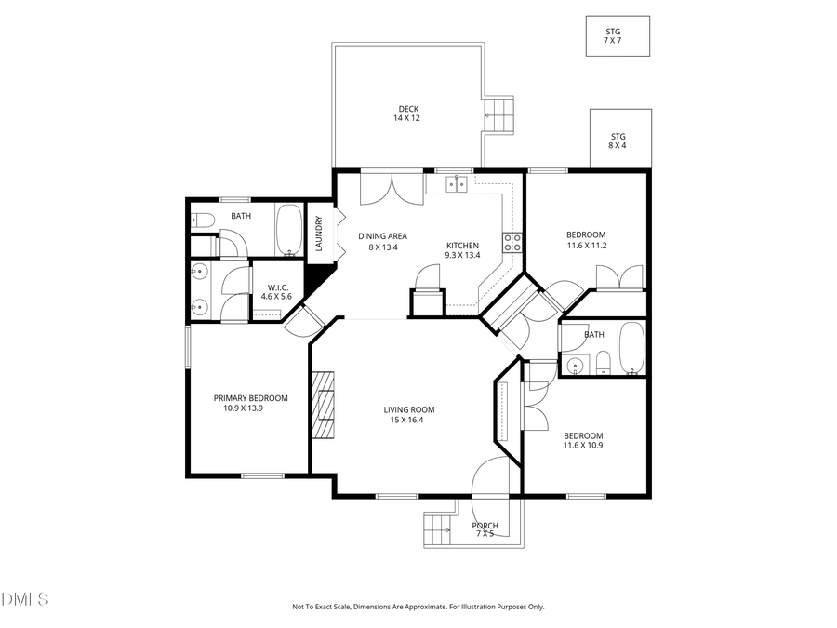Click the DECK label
coord(408,109)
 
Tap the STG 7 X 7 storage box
coord(618,35)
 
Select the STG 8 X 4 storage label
coord(618,137)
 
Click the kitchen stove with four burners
coord(512,243)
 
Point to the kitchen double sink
coord(456,184)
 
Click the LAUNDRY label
coord(319,234)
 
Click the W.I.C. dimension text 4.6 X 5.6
coord(276,296)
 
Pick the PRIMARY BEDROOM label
coord(250,398)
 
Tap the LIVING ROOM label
coord(409,409)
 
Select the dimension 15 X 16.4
coord(409,421)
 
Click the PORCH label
coord(485,526)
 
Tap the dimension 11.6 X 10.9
coord(583,446)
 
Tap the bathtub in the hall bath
coord(631,350)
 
